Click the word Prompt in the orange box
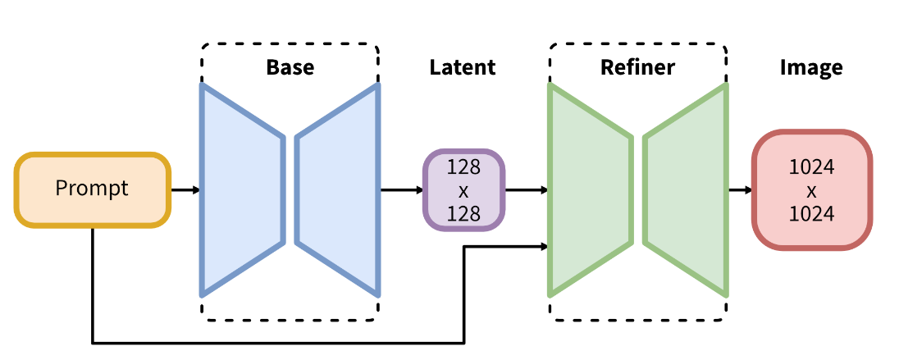point(92,189)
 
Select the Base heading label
point(290,67)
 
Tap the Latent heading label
point(463,67)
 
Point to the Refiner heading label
point(637,67)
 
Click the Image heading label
point(811,67)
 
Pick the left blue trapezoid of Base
point(242,189)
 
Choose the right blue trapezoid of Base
point(337,189)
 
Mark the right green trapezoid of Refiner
point(686,189)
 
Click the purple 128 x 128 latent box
point(463,189)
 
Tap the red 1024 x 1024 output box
point(811,189)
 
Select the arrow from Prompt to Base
point(185,190)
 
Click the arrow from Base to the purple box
point(401,190)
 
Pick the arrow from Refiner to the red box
point(740,190)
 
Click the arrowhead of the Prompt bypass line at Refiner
point(543,245)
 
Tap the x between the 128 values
point(463,190)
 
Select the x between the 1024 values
point(811,190)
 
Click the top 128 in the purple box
point(463,168)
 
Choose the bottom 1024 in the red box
point(811,213)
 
